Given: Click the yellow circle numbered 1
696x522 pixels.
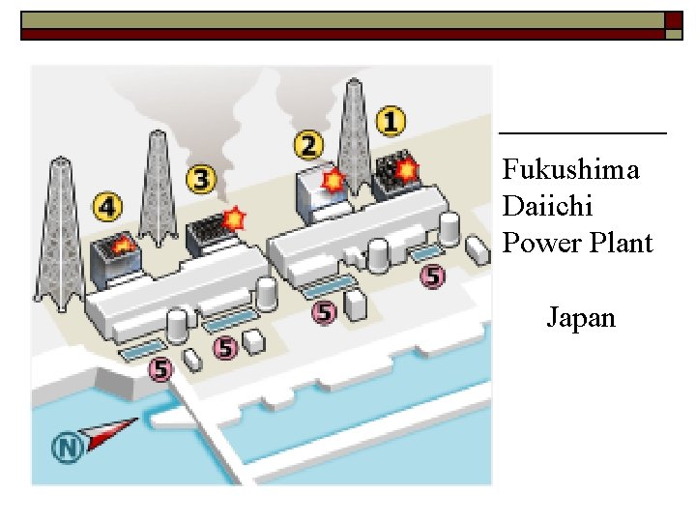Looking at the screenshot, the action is [391, 122].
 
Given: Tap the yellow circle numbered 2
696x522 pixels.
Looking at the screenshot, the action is [308, 146].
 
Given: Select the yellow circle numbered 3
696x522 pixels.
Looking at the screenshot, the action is [201, 179].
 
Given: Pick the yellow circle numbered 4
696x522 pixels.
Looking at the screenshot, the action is [107, 206].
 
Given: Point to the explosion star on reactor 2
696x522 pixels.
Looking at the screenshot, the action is [333, 180].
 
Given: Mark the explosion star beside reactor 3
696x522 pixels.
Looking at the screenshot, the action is [234, 217].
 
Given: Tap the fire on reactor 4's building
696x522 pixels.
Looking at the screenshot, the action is [123, 246].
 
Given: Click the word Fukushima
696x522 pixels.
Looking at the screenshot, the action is [570, 170].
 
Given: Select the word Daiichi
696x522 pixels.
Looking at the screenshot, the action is [547, 206].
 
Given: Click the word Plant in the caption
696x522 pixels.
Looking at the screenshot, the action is [619, 243].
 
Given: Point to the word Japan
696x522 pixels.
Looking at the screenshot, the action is [581, 318].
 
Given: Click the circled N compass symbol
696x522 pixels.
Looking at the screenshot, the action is [67, 448].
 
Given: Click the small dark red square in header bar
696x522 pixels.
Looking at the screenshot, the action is [674, 20].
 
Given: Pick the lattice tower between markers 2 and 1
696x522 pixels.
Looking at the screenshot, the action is [354, 135].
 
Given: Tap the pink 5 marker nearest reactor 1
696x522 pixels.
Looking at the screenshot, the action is [432, 276].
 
